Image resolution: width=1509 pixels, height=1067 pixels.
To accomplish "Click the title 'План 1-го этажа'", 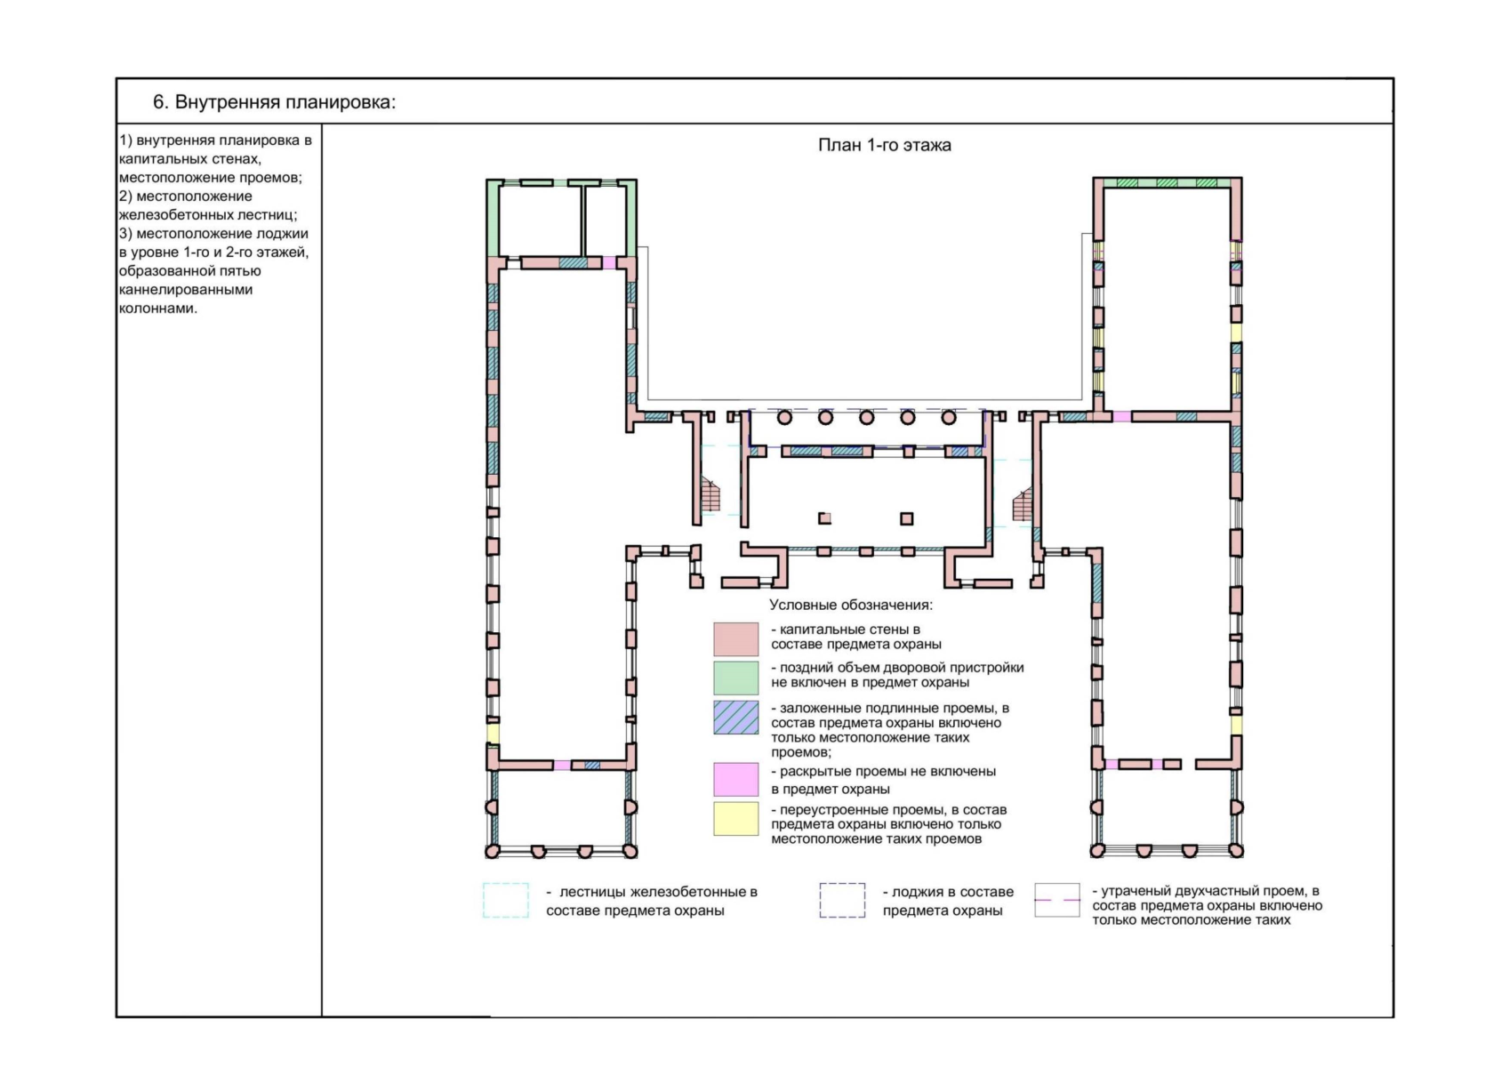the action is pyautogui.click(x=884, y=145).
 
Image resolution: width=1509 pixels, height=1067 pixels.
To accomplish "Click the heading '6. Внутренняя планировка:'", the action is pyautogui.click(x=274, y=101).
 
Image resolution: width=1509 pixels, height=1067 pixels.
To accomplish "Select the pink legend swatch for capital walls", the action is pyautogui.click(x=735, y=638).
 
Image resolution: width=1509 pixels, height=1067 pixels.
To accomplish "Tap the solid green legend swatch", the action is pyautogui.click(x=735, y=677).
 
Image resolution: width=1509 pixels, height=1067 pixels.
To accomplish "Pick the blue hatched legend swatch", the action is pyautogui.click(x=735, y=717).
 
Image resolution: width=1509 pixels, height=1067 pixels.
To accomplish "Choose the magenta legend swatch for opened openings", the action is pyautogui.click(x=735, y=779).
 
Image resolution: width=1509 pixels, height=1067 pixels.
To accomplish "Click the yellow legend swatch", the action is pyautogui.click(x=735, y=818).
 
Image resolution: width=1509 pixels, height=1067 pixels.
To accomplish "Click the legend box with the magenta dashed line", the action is pyautogui.click(x=1057, y=900).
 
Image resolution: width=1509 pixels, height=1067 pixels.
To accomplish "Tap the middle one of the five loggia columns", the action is pyautogui.click(x=866, y=418).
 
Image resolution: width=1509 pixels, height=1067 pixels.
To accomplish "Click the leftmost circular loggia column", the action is pyautogui.click(x=784, y=418).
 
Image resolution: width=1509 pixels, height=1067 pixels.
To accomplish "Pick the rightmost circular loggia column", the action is pyautogui.click(x=949, y=418).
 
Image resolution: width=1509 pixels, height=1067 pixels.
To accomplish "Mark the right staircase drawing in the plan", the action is pyautogui.click(x=1022, y=505).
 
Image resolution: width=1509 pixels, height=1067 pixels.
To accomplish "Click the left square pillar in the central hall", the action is pyautogui.click(x=824, y=518).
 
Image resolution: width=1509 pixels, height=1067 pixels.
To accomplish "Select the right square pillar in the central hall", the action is pyautogui.click(x=907, y=518).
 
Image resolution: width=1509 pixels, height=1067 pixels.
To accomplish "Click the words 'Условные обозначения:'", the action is pyautogui.click(x=851, y=605).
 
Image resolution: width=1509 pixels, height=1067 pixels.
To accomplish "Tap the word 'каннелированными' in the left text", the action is pyautogui.click(x=185, y=290).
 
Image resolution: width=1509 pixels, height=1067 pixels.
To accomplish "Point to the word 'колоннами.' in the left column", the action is pyautogui.click(x=158, y=309).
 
